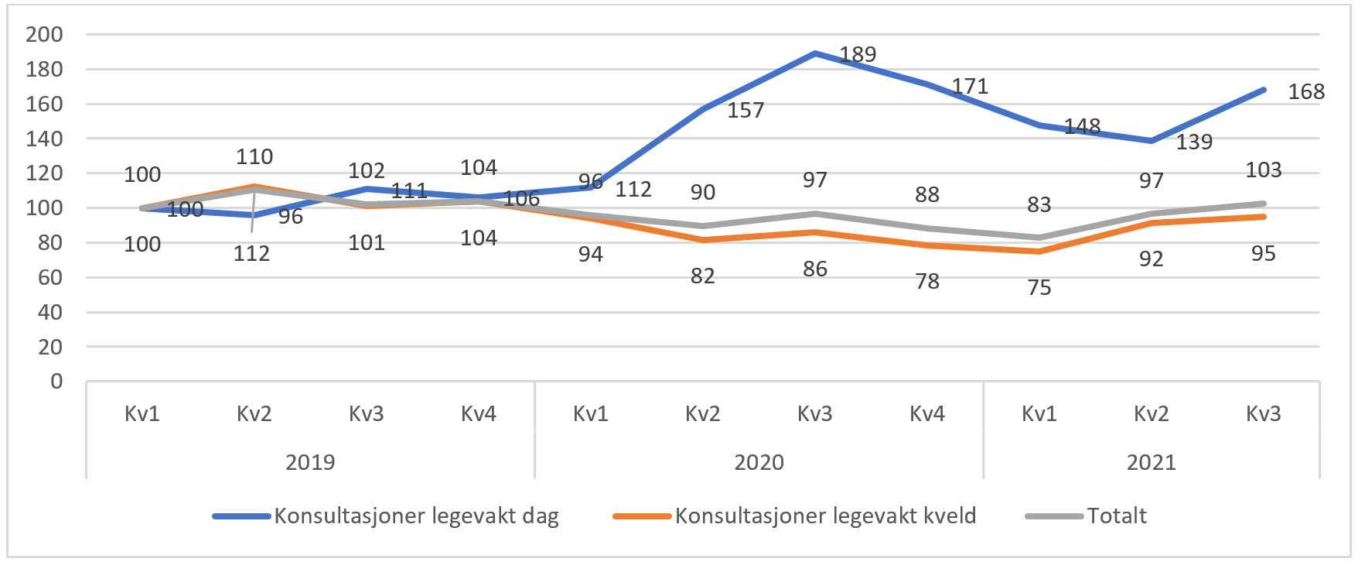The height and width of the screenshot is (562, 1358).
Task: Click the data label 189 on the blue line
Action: (x=858, y=55)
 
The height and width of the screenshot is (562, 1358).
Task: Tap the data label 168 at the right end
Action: (x=1306, y=92)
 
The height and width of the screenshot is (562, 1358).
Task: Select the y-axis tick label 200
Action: (x=45, y=34)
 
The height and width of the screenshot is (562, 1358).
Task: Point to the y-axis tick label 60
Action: (x=50, y=278)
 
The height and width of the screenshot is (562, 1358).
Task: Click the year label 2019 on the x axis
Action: (x=310, y=463)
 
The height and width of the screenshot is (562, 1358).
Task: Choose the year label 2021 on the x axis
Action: (x=1151, y=463)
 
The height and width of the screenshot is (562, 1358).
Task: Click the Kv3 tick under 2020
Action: (x=814, y=414)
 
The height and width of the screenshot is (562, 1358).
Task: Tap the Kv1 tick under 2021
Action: (x=1039, y=414)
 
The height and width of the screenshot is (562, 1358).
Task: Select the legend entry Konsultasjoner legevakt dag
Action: (x=416, y=516)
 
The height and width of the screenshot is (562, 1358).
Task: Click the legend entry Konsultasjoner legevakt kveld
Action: (x=825, y=516)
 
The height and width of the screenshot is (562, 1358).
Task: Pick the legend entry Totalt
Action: (x=1116, y=516)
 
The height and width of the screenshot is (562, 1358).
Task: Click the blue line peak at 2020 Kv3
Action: (x=815, y=53)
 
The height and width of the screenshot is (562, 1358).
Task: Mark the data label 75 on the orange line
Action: (x=1039, y=288)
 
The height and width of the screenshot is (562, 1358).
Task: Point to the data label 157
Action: (x=746, y=111)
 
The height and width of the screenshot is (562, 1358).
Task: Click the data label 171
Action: (x=970, y=87)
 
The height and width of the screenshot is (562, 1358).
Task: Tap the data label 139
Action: (x=1194, y=142)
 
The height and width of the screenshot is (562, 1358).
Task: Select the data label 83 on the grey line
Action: (x=1039, y=205)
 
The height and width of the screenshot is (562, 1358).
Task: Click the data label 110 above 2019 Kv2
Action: (x=254, y=157)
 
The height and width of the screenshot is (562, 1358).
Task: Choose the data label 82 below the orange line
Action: (x=702, y=276)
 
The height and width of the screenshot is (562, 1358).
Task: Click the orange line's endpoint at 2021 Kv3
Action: (x=1263, y=217)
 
